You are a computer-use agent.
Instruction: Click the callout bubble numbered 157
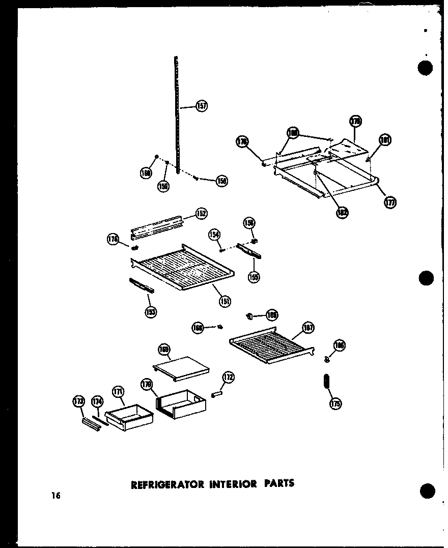[202, 107]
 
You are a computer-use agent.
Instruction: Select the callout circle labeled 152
[201, 214]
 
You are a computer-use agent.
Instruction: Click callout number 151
[224, 301]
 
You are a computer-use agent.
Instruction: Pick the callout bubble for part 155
[253, 277]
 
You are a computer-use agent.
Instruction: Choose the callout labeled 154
[214, 234]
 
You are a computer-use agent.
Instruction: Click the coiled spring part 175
[326, 382]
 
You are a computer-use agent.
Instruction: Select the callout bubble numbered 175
[335, 403]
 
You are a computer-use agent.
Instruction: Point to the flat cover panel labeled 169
[181, 368]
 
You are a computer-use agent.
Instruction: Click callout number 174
[97, 402]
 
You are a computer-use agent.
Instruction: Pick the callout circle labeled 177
[390, 202]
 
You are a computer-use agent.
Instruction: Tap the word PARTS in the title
[278, 483]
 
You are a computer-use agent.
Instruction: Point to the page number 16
[55, 496]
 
